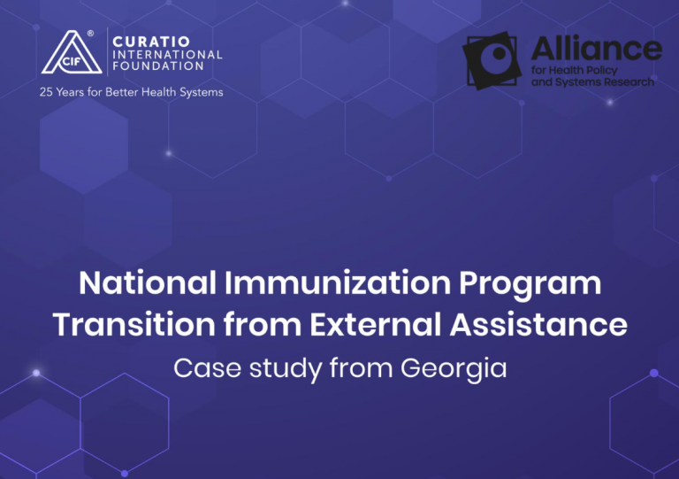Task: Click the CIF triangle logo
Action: click(x=72, y=53)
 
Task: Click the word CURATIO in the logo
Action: click(x=151, y=42)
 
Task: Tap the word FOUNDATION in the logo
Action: click(x=158, y=66)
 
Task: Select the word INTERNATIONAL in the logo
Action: click(x=167, y=55)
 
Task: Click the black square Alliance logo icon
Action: click(x=492, y=61)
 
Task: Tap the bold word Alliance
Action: click(x=596, y=49)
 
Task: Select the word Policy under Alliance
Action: click(x=602, y=71)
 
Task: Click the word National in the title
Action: click(x=148, y=283)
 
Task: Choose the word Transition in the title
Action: click(x=134, y=324)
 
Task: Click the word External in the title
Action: click(x=375, y=324)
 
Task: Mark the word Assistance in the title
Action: click(x=538, y=324)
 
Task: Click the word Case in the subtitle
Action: click(x=208, y=368)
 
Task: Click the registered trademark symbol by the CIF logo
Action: click(x=90, y=34)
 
